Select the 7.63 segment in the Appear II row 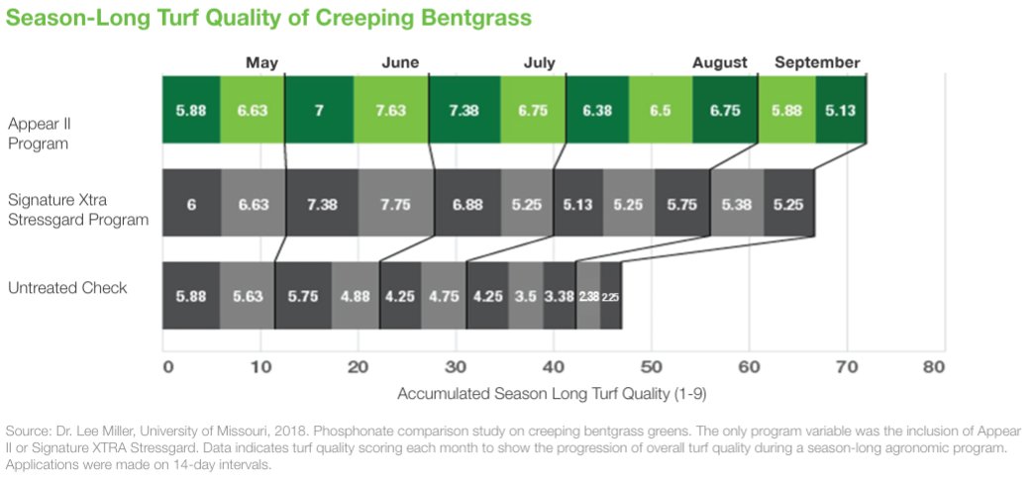[x=390, y=110]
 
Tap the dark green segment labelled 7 [x=319, y=110]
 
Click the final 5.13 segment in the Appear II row [x=841, y=110]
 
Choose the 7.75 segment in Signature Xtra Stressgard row [x=395, y=203]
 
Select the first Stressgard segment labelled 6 [x=191, y=203]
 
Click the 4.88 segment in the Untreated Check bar [x=356, y=295]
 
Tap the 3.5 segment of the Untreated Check [x=525, y=295]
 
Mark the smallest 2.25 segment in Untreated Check [x=611, y=295]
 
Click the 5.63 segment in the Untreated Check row [x=247, y=295]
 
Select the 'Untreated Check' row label [x=66, y=288]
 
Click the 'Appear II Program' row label [x=38, y=134]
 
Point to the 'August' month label [x=719, y=62]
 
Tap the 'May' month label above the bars [x=261, y=62]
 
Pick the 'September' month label [x=816, y=62]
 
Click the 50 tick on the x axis [x=650, y=366]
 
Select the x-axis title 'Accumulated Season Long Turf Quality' [x=551, y=393]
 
